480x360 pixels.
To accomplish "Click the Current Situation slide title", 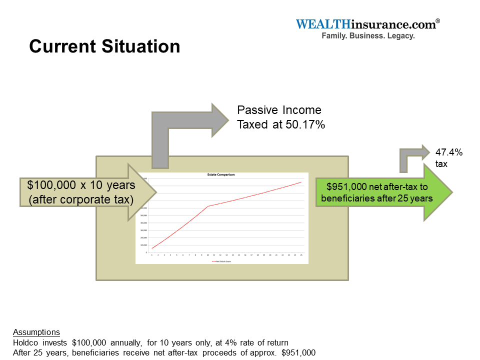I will [x=104, y=46].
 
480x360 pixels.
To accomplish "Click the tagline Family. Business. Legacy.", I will [x=367, y=36].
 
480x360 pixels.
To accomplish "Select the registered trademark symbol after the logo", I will [x=438, y=21].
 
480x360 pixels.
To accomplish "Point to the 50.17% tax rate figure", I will [x=305, y=124].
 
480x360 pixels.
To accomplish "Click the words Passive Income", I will [x=279, y=110].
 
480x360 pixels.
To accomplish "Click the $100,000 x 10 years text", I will [x=81, y=185].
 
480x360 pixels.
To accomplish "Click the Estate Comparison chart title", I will [x=221, y=175].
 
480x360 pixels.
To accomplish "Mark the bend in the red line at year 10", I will [x=208, y=206].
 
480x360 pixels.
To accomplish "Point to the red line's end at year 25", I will [x=301, y=182].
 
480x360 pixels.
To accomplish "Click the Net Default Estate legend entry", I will [x=221, y=261].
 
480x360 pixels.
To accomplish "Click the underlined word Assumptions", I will [x=36, y=332].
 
